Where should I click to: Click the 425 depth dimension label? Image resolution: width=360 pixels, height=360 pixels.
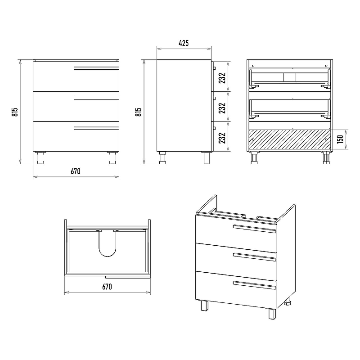(184, 43)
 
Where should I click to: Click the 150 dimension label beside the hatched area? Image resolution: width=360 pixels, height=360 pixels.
(340, 139)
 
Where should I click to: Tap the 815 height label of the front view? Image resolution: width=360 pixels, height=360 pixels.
(15, 112)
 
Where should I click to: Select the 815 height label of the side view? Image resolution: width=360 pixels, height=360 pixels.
(138, 112)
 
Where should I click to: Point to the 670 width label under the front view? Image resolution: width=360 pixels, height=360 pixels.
(76, 171)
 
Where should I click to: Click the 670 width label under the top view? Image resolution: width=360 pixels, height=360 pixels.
(107, 287)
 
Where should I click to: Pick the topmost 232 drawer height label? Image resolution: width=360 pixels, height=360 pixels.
(222, 78)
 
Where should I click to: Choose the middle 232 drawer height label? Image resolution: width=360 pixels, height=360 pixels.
(222, 108)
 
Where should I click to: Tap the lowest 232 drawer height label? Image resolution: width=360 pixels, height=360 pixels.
(222, 138)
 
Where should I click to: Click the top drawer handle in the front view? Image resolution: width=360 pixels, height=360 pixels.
(96, 68)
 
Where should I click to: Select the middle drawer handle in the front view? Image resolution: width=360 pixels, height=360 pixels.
(96, 98)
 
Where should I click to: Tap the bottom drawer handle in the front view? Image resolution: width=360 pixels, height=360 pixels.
(96, 128)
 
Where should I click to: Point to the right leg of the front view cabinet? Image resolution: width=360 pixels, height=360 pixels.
(112, 158)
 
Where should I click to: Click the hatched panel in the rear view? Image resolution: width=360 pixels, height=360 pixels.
(290, 139)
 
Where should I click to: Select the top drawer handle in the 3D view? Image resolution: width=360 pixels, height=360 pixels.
(254, 229)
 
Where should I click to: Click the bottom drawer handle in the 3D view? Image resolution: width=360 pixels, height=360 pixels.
(254, 285)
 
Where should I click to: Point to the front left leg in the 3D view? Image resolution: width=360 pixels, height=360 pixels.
(205, 306)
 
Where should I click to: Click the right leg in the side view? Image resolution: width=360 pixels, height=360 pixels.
(207, 158)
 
